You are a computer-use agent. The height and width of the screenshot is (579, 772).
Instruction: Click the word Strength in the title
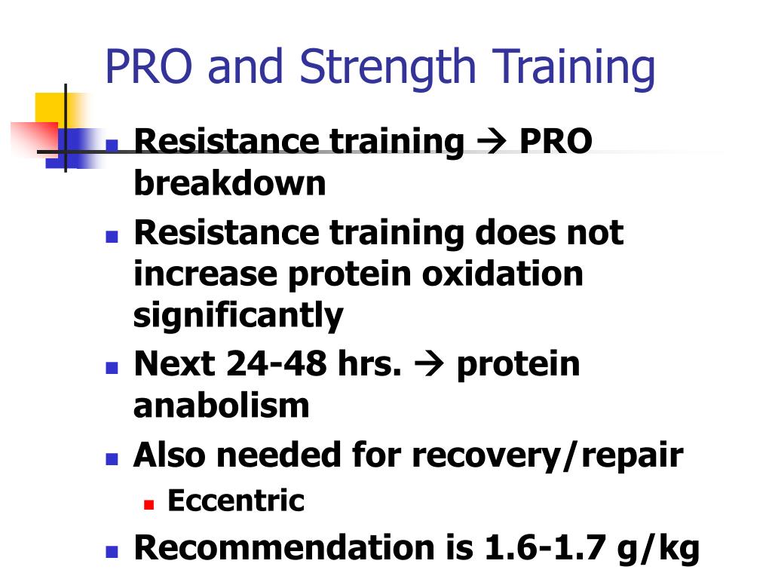387,68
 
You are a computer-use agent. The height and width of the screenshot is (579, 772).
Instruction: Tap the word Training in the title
574,68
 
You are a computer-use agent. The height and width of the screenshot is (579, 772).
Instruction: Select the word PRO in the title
149,66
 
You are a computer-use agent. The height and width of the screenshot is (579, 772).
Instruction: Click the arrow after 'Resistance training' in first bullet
492,141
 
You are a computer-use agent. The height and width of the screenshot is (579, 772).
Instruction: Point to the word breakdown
229,182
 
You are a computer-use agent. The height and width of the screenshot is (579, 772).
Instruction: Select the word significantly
238,316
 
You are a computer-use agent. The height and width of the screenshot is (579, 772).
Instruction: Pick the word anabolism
222,406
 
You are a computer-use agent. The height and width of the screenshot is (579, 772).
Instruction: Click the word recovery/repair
547,455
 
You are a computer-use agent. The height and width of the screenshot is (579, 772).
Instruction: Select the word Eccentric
236,501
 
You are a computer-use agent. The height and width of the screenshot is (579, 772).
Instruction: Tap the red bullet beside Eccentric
149,504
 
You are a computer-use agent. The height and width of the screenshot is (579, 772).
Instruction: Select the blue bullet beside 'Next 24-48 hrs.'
112,368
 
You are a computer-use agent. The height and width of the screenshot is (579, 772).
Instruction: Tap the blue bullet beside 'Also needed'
112,459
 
